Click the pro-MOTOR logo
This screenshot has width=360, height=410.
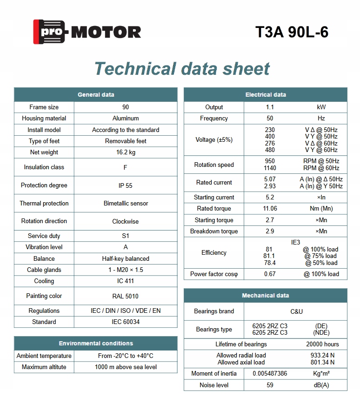[x=87, y=32]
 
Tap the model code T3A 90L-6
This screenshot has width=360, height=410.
[x=292, y=32]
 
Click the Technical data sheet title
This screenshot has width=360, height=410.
[x=182, y=69]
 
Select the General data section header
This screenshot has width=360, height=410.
[x=96, y=95]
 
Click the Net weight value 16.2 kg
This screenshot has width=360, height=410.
[x=126, y=152]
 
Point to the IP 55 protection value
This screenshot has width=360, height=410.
[x=126, y=185]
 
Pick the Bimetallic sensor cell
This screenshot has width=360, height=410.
[x=126, y=203]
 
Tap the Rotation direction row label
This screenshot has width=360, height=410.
[x=44, y=221]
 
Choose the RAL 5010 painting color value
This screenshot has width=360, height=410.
[x=126, y=296]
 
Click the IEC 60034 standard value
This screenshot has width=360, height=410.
[x=126, y=322]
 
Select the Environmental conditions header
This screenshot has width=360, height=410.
[x=96, y=344]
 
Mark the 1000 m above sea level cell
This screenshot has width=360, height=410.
[x=126, y=367]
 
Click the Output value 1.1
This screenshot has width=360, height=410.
[x=270, y=107]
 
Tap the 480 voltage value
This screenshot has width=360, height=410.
[x=270, y=150]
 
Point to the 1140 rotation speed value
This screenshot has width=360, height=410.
[x=270, y=168]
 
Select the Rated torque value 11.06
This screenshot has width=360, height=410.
[x=270, y=209]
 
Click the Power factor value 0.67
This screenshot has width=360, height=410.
[x=270, y=274]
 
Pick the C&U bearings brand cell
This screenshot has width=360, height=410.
[x=296, y=311]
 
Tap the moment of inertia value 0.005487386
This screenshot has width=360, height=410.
[x=270, y=374]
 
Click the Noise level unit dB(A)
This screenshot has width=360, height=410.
[x=321, y=385]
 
